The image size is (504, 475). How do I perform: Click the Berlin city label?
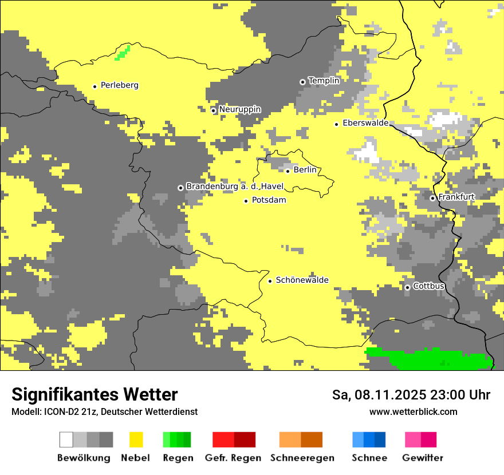click(305, 170)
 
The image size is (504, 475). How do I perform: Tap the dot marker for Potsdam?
click(246, 201)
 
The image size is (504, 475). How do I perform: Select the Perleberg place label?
click(119, 85)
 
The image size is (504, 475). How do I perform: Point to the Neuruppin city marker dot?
click(214, 110)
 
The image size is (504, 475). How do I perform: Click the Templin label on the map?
click(324, 81)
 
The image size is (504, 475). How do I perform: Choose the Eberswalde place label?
click(365, 123)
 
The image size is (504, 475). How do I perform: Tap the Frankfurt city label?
click(456, 197)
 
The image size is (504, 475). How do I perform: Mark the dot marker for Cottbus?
click(407, 287)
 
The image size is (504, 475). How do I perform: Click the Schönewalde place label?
click(302, 280)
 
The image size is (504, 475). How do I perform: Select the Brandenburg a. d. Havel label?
click(235, 187)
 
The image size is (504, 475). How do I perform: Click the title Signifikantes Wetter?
click(94, 394)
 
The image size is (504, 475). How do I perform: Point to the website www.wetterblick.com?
click(413, 411)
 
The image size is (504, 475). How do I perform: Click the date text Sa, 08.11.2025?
click(379, 395)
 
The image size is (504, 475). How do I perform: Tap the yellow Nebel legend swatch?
click(136, 440)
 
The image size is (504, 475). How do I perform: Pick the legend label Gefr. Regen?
click(233, 458)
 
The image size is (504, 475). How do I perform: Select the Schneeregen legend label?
click(302, 458)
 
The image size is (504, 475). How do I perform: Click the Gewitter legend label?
click(423, 458)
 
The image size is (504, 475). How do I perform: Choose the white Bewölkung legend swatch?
click(66, 440)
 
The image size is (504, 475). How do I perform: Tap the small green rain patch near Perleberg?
click(122, 53)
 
